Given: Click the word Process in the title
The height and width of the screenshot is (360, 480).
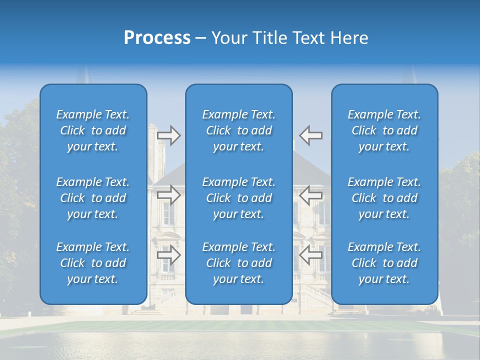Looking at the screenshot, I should click(157, 38).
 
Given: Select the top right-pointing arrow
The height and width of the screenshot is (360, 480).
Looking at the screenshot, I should click(169, 135).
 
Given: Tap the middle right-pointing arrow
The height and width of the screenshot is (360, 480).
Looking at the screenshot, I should click(169, 195).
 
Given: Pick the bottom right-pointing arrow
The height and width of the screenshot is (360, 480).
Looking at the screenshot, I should click(169, 255).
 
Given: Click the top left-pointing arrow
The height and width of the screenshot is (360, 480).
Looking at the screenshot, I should click(311, 135).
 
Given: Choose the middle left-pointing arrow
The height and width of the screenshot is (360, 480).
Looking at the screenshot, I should click(311, 195).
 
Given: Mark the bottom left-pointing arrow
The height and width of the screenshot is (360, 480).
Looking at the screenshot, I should click(311, 255).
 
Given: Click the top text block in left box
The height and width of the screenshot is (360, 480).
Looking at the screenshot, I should click(93, 130).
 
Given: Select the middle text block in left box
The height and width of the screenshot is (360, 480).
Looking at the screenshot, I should click(93, 198).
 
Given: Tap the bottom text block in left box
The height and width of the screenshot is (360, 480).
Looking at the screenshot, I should click(93, 263).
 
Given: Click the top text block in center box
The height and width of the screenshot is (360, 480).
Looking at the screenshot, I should click(239, 130).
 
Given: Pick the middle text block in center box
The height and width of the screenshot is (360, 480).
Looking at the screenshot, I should click(239, 198).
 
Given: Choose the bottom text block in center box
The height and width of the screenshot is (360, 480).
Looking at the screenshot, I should click(239, 263).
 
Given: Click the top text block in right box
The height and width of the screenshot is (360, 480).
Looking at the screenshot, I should click(384, 130).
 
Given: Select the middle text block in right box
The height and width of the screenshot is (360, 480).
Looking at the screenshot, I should click(384, 198).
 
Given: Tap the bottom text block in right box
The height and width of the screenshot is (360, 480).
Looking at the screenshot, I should click(384, 263).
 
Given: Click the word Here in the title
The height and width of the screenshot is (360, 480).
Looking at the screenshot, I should click(350, 38).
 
